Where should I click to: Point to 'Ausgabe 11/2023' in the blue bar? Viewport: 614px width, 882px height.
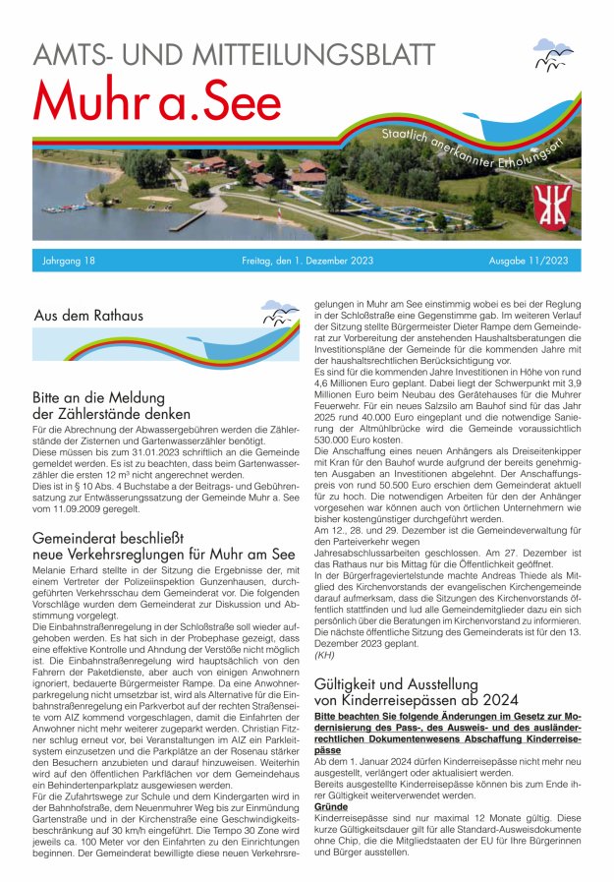tap(528, 262)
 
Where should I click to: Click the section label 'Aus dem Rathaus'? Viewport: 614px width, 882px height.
tap(88, 316)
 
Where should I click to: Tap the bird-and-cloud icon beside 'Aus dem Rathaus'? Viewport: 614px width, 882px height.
tap(280, 316)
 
